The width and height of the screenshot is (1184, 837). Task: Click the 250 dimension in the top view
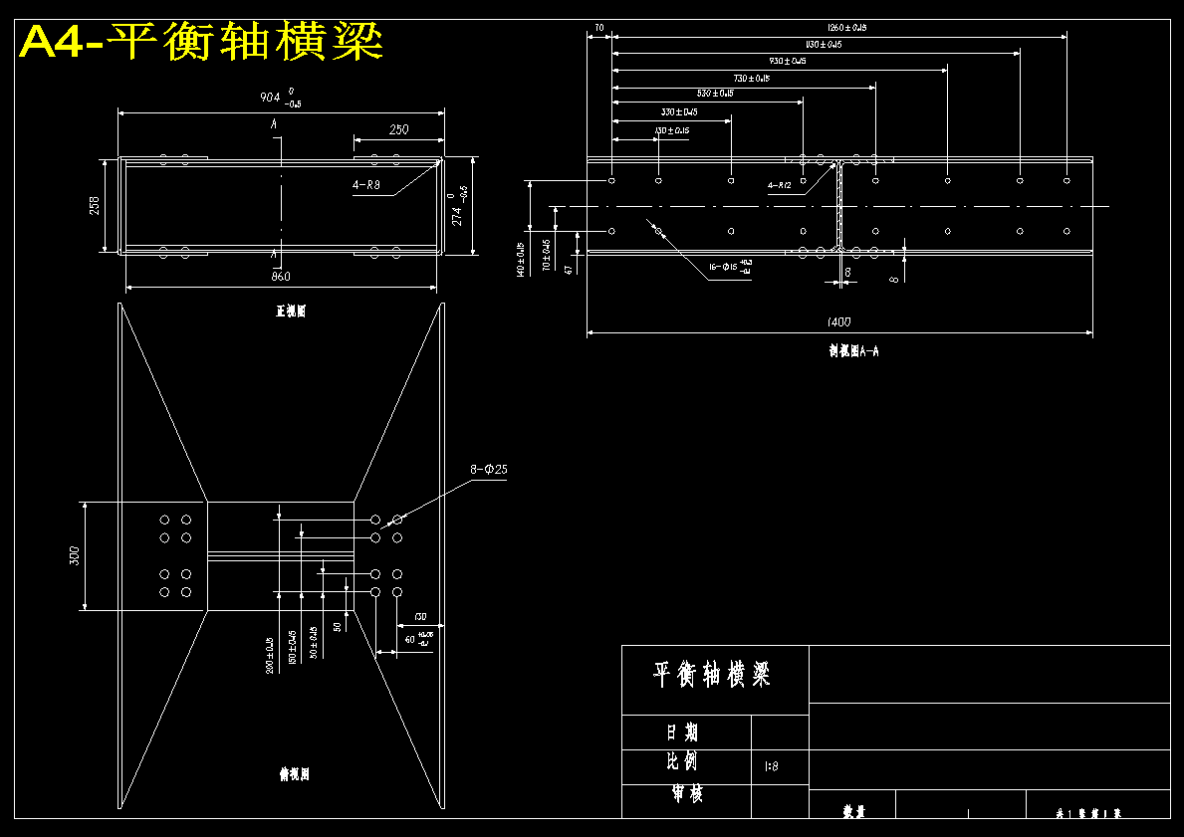point(398,129)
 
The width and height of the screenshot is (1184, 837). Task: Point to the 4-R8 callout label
point(365,185)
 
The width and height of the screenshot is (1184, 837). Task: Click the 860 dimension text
point(281,276)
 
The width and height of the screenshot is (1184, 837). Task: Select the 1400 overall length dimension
point(839,321)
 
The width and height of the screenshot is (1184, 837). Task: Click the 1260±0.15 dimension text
point(847,28)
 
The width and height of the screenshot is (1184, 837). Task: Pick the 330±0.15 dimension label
point(679,111)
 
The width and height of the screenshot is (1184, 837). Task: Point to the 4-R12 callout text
point(779,185)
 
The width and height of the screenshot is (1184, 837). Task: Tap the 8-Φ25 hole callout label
point(489,469)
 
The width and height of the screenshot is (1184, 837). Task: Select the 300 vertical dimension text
point(74,555)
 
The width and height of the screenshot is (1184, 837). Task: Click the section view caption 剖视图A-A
point(853,350)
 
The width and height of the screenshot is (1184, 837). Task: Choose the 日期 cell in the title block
point(682,732)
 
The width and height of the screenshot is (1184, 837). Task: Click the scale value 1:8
point(771,766)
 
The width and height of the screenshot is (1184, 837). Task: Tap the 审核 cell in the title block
point(686,795)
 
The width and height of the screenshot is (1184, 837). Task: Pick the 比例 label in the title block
point(682,763)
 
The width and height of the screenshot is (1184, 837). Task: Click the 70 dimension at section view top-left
point(599,28)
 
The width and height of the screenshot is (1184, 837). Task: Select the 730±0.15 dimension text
point(751,78)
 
